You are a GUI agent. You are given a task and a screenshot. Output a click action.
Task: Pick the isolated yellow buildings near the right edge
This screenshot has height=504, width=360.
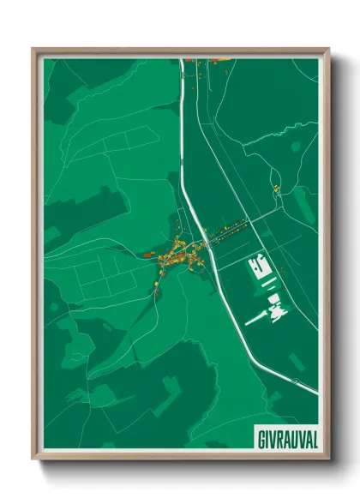[276, 188]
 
